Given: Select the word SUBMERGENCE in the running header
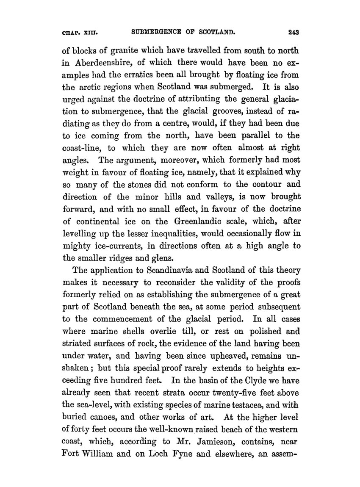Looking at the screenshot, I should pos(160,31).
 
